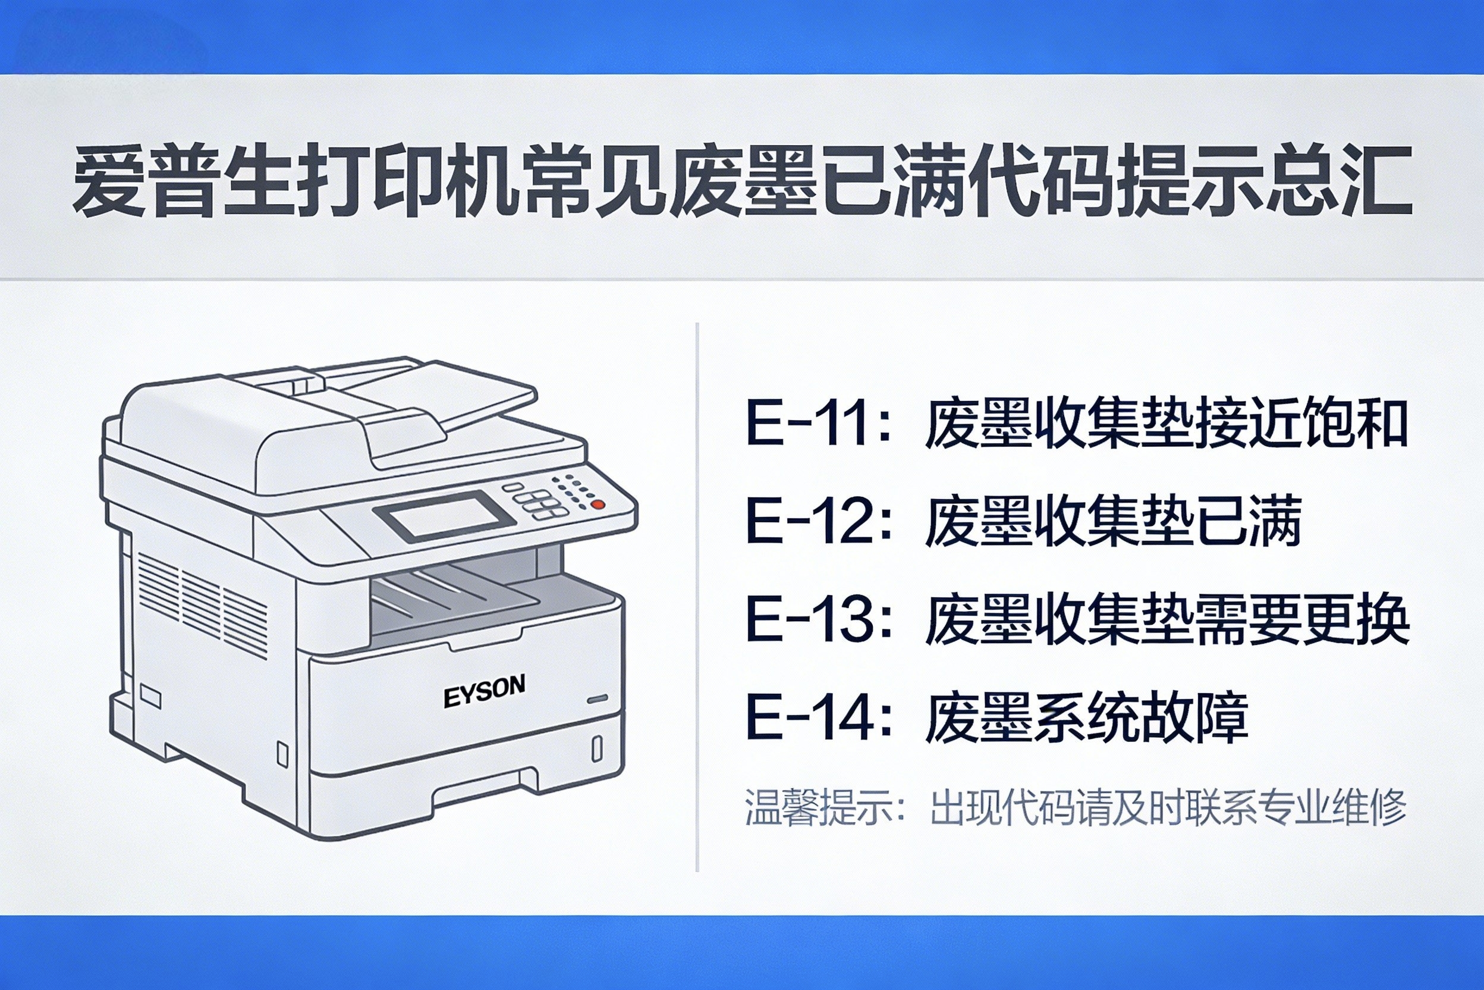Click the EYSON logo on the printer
(x=484, y=691)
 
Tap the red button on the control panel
(x=598, y=504)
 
